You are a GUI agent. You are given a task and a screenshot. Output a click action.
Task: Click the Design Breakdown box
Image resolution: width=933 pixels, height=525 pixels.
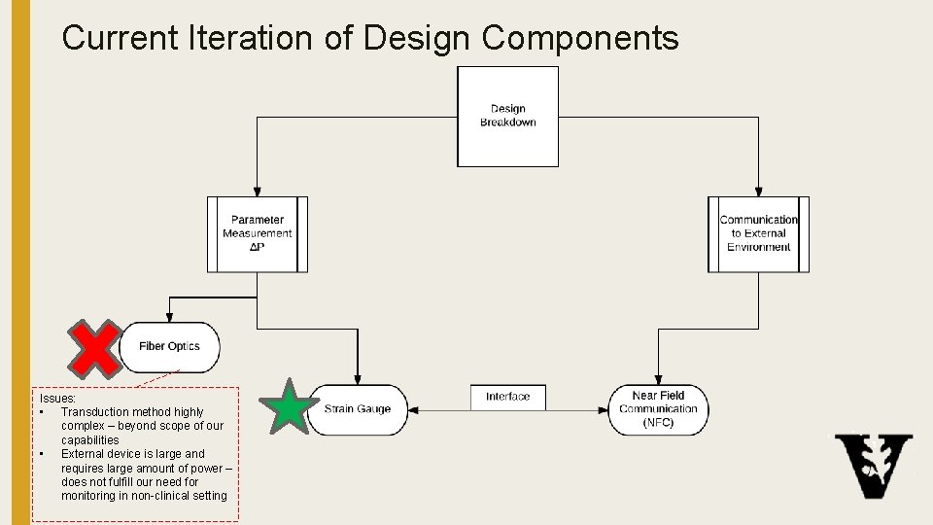point(507,116)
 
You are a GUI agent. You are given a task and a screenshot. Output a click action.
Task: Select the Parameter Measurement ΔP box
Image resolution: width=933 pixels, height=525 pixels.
point(258,234)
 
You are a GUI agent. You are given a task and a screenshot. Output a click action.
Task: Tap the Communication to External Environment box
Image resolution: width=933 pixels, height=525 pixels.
point(759,234)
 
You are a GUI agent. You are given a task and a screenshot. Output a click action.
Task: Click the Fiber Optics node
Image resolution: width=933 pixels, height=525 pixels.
point(170,347)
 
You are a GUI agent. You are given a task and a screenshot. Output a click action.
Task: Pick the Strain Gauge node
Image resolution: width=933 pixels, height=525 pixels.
point(358,409)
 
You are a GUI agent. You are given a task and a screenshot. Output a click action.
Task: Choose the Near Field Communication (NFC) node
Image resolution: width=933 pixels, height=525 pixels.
point(659,409)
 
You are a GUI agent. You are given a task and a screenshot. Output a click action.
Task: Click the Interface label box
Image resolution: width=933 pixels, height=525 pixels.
point(508,397)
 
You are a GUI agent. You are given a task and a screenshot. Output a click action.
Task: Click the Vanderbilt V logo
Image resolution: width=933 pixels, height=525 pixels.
point(874,466)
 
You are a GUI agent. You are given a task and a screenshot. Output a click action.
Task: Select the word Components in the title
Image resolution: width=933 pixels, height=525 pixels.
point(580,38)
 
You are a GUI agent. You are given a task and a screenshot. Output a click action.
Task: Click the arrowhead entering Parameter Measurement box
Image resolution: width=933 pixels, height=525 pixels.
point(258,192)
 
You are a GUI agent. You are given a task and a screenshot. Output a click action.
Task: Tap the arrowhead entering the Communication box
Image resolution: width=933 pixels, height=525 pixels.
point(759,192)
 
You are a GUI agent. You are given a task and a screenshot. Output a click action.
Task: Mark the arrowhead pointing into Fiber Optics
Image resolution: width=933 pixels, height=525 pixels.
point(170,317)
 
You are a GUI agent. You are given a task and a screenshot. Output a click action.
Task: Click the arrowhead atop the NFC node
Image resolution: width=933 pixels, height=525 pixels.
point(659,380)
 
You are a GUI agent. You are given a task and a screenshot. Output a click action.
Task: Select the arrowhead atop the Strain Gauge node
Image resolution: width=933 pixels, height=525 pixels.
point(358,380)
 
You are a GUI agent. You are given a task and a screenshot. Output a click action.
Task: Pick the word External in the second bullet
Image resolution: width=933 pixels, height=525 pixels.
point(83,454)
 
